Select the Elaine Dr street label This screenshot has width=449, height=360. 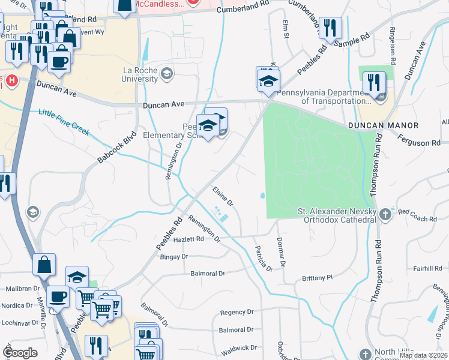click(223, 197)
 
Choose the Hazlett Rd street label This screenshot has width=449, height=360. click(188, 238)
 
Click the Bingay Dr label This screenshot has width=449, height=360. click(174, 257)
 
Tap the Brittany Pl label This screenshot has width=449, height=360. click(317, 278)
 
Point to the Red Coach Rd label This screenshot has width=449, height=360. click(417, 215)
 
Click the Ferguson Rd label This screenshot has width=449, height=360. click(423, 143)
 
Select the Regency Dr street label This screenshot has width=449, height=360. click(237, 312)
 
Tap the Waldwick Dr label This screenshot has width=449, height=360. click(240, 347)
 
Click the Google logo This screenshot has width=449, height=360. click(20, 352)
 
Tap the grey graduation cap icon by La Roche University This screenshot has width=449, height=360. click(166, 73)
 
